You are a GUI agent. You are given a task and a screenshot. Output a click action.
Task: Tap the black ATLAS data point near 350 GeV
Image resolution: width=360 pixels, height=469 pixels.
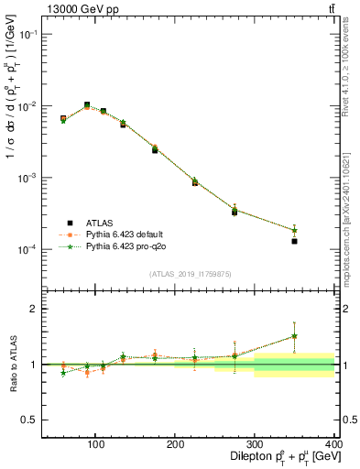click(x=294, y=241)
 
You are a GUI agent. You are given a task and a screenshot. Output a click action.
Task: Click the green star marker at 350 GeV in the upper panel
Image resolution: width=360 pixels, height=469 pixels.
click(x=294, y=230)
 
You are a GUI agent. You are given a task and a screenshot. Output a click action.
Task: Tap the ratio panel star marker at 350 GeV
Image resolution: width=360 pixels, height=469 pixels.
click(x=294, y=336)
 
